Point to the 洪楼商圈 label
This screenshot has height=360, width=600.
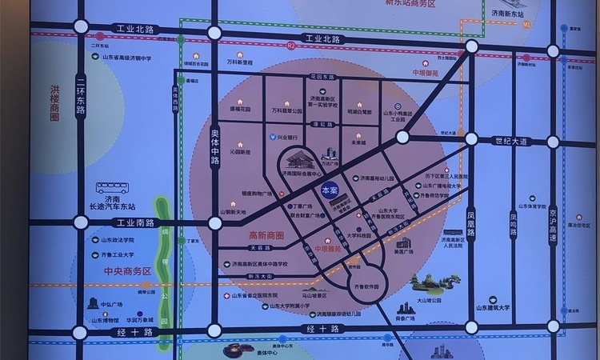pos(55,104)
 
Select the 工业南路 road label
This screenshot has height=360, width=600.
pos(134,222)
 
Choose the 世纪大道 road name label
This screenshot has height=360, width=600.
pos(511,141)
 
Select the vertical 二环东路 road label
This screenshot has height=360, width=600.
pos(80,94)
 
